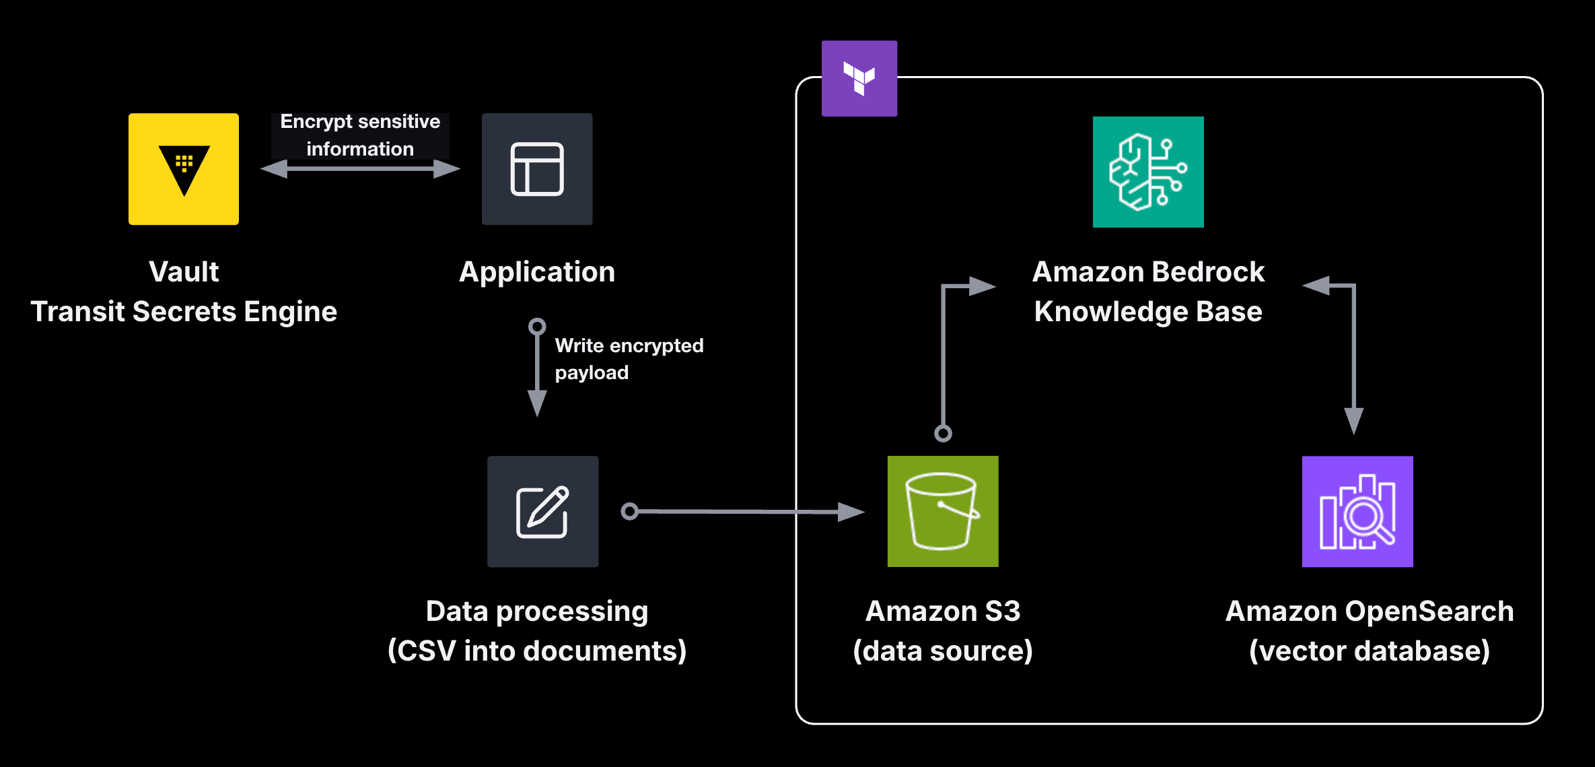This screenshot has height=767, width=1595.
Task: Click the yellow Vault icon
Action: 184,169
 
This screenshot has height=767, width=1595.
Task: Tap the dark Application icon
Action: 537,169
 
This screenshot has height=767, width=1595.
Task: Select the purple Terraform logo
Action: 859,79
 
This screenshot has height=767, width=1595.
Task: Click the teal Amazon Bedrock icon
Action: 1148,172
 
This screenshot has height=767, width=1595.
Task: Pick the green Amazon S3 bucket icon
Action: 943,511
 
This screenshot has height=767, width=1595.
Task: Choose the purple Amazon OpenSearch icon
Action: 1357,511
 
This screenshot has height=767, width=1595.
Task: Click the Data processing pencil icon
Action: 542,511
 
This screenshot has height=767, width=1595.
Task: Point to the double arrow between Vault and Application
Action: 360,168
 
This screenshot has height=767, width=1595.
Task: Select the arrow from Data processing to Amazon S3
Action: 740,512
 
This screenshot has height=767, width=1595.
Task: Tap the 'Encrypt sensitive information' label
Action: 360,135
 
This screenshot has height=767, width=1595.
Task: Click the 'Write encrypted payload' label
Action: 629,359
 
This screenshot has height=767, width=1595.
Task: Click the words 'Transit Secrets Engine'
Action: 184,312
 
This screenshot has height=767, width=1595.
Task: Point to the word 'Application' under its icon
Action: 537,272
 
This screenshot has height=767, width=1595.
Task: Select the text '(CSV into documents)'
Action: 537,651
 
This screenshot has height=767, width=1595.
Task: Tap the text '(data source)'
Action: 943,651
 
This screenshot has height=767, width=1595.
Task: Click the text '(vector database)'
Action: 1370,651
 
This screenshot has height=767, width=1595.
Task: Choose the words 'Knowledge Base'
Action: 1148,312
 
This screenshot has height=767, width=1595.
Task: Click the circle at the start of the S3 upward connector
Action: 944,434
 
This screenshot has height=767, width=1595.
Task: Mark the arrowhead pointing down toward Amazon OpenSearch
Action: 1354,420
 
